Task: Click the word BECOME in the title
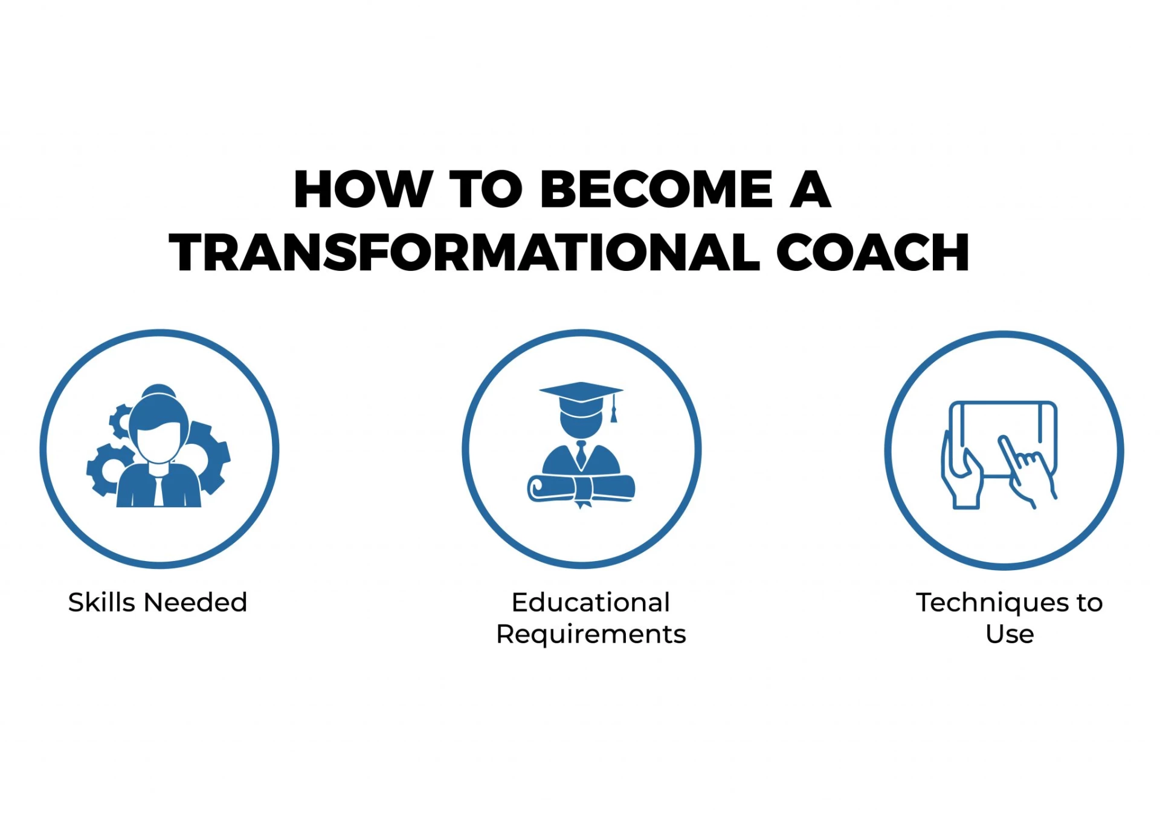pyautogui.click(x=656, y=189)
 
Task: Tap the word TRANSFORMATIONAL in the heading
pyautogui.click(x=464, y=253)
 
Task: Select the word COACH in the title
pyautogui.click(x=872, y=253)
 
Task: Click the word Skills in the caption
pyautogui.click(x=101, y=602)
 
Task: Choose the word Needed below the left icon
pyautogui.click(x=195, y=602)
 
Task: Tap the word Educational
pyautogui.click(x=590, y=602)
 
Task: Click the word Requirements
pyautogui.click(x=590, y=635)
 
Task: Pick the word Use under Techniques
pyautogui.click(x=1010, y=634)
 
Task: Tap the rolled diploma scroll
pyautogui.click(x=581, y=488)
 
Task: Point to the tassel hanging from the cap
pyautogui.click(x=614, y=409)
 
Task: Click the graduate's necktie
pyautogui.click(x=581, y=454)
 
